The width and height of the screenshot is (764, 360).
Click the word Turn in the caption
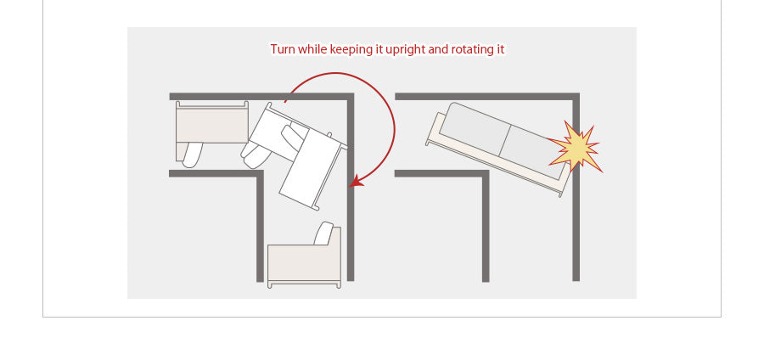coord(283,50)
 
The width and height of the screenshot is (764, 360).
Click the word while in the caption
coord(312,50)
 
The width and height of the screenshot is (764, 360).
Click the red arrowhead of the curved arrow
coord(357,181)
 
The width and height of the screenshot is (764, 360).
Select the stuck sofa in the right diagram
coord(498,148)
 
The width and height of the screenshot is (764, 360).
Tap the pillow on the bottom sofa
coord(323,233)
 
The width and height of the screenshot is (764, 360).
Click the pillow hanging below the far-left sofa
coord(193,155)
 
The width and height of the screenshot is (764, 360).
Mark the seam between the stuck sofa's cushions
coord(504,141)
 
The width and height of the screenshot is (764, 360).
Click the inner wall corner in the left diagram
coord(261,173)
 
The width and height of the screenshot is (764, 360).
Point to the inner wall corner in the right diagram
coord(486,173)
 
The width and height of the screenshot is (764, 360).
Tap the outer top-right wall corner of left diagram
coord(351,96)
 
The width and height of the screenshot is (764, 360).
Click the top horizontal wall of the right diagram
coord(487,96)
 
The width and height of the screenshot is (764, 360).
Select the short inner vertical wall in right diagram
coord(486,226)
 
